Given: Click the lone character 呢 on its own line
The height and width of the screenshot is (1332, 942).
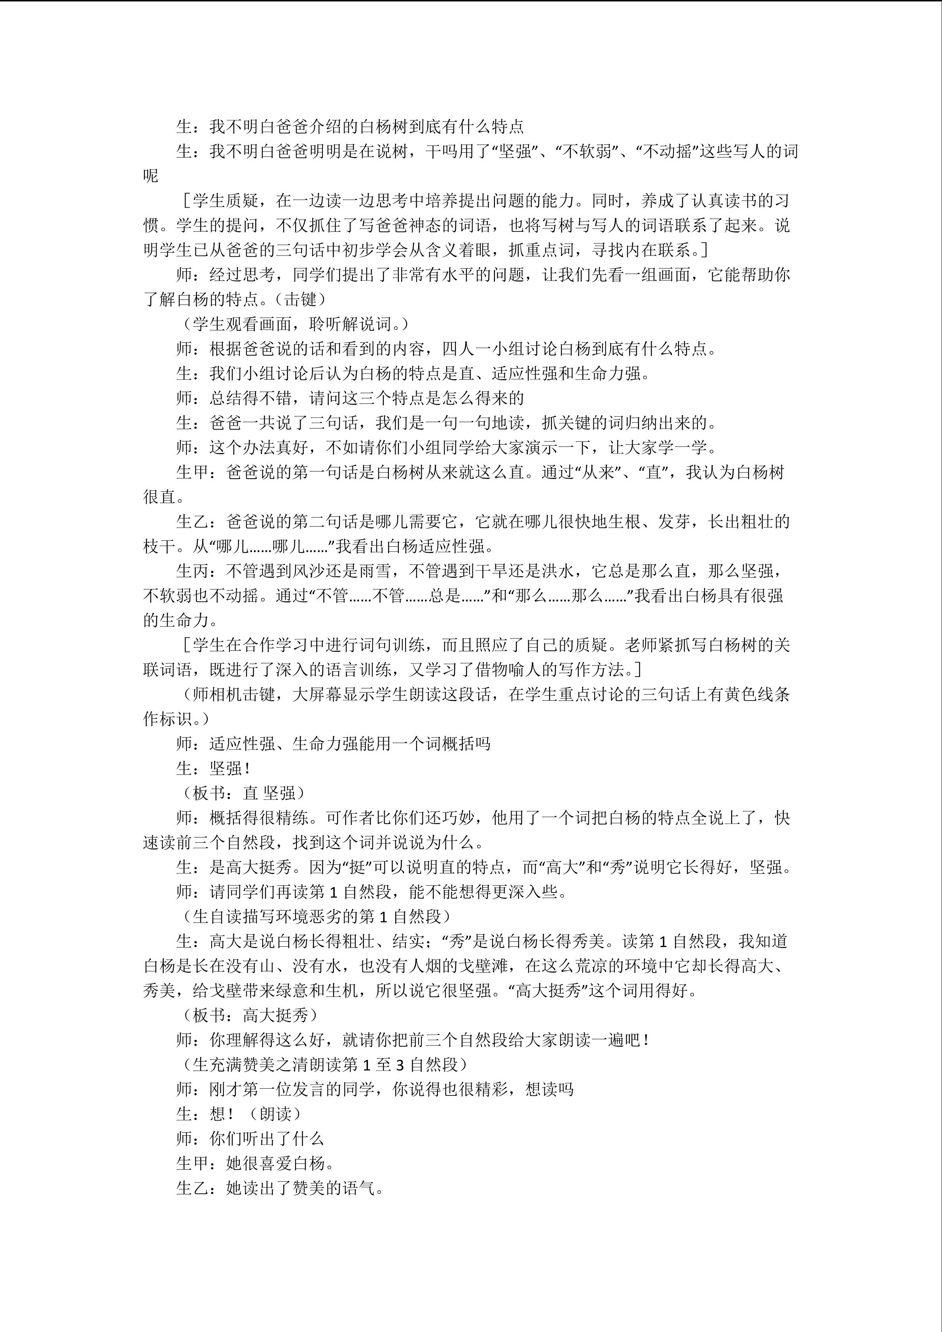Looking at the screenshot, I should pos(151,176).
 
